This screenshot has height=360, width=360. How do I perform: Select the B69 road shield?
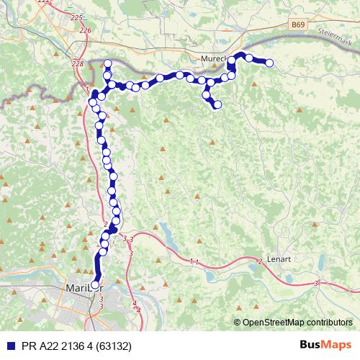point(298,25)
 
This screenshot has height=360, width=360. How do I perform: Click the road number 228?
point(78,63)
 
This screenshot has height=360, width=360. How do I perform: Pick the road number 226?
point(86,30)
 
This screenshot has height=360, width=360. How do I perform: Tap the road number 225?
point(78,17)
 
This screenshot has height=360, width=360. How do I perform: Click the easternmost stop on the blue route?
point(270,63)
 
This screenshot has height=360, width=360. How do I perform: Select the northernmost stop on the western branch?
point(108,63)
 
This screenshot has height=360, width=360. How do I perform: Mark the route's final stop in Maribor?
point(95,285)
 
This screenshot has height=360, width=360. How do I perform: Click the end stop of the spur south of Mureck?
point(217,106)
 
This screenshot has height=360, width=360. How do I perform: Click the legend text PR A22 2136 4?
point(62,346)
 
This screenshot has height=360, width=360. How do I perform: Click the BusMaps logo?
point(325,345)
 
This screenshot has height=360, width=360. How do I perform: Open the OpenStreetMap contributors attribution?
point(297,323)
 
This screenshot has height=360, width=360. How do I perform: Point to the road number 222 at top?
point(44,2)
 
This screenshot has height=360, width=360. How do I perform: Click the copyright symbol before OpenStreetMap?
point(237,323)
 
